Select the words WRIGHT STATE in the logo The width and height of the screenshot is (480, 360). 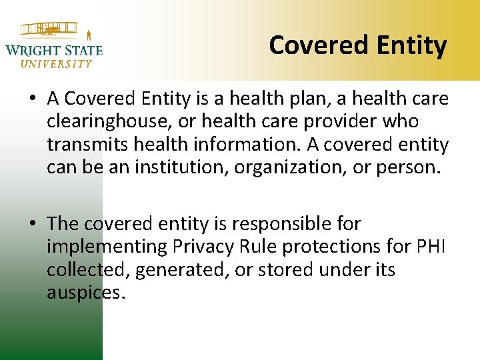pyautogui.click(x=53, y=50)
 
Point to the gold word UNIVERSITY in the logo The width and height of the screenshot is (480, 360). pyautogui.click(x=56, y=64)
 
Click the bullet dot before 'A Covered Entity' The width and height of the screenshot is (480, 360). pyautogui.click(x=33, y=100)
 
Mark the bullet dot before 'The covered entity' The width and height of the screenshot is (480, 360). pyautogui.click(x=33, y=224)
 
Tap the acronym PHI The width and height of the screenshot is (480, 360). pyautogui.click(x=433, y=247)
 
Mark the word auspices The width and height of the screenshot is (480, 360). pyautogui.click(x=85, y=292)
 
